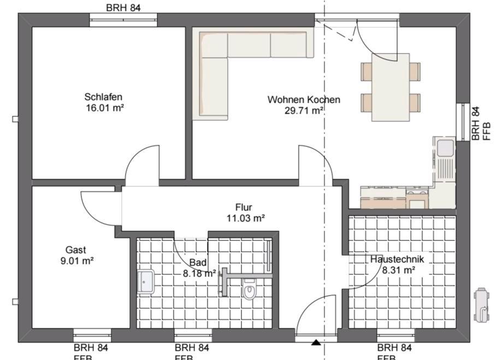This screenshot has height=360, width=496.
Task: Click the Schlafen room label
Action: click(x=103, y=97)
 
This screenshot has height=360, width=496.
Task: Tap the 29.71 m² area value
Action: click(x=304, y=110)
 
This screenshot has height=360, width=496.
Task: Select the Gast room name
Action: click(x=76, y=250)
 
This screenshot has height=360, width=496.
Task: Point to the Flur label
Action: click(x=243, y=208)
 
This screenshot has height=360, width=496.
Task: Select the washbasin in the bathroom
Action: click(x=146, y=281)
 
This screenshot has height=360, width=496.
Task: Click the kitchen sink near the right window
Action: click(x=445, y=147)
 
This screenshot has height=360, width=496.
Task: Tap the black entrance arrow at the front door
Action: click(x=316, y=343)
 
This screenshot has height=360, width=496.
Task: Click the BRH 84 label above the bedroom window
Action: click(x=123, y=7)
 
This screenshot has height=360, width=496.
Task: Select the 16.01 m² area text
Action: click(x=103, y=108)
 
